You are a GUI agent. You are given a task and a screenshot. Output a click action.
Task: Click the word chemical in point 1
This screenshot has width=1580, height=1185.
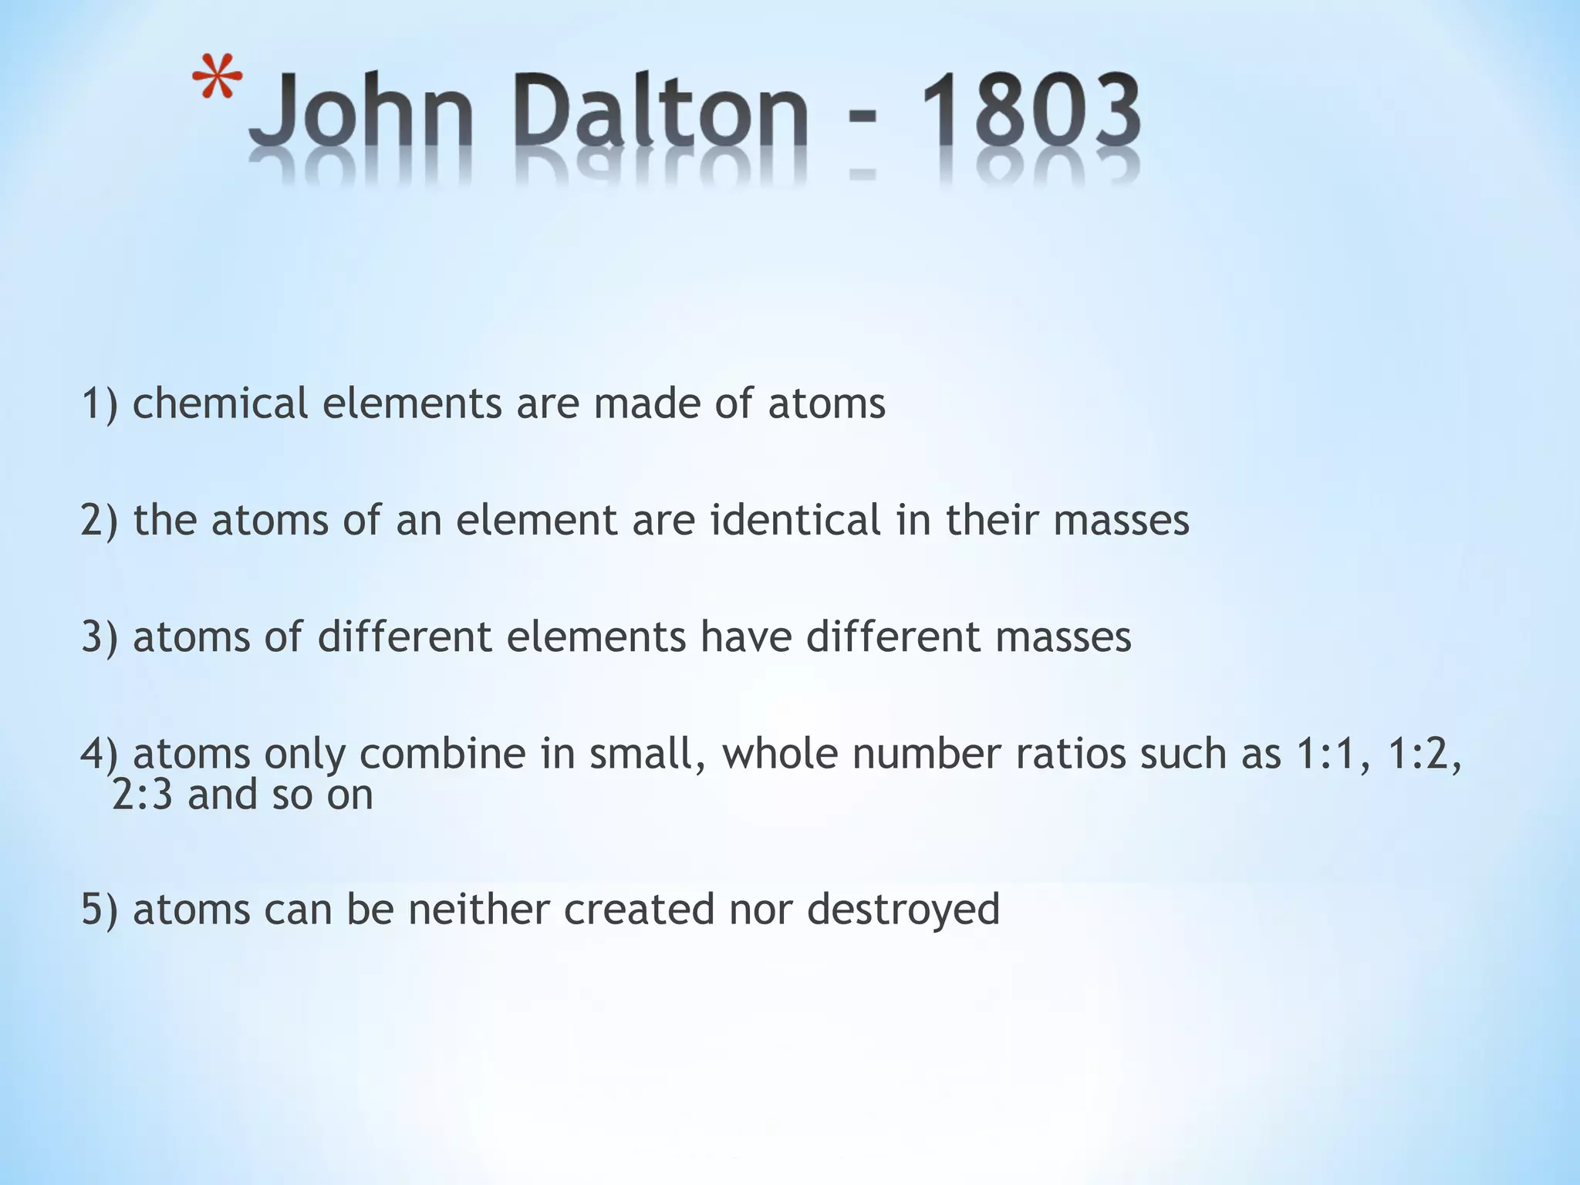220,403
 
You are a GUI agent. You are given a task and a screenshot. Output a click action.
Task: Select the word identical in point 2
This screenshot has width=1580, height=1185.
795,520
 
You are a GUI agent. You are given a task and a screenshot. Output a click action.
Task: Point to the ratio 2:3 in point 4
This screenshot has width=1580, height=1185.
143,794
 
